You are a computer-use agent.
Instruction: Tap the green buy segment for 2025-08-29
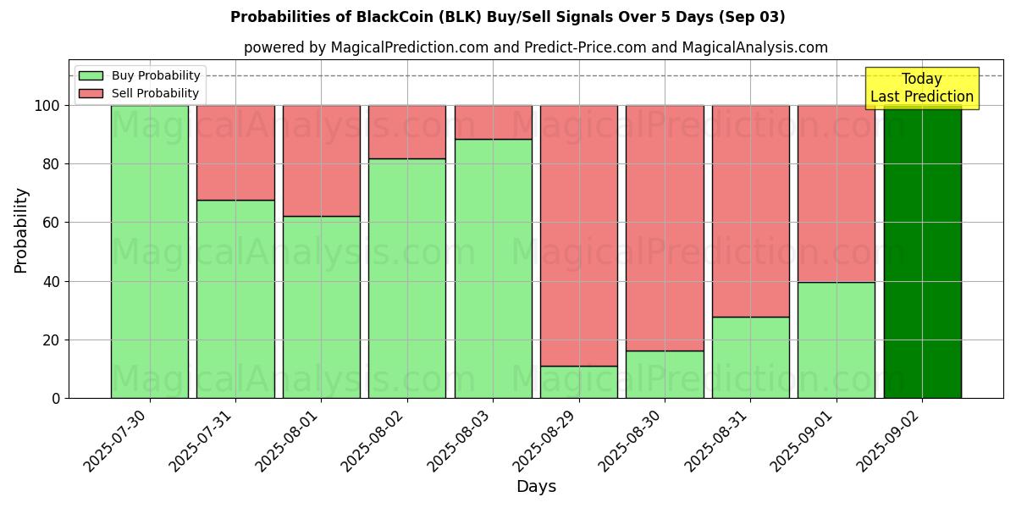(x=579, y=382)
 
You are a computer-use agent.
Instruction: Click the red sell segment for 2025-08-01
(x=321, y=161)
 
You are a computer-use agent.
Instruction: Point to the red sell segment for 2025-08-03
(x=493, y=122)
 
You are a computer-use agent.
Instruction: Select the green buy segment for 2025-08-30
(x=665, y=374)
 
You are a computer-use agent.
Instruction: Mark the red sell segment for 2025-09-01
(x=837, y=194)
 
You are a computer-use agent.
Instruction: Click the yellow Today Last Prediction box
(x=922, y=88)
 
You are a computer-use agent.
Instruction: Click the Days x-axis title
(x=536, y=487)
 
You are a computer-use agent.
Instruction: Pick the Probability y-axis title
(x=21, y=230)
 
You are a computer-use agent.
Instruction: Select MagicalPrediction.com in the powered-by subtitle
(x=406, y=47)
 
